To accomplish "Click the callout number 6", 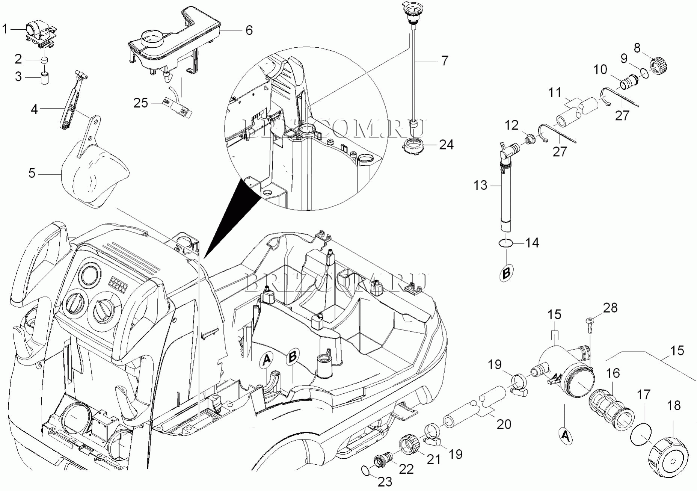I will (x=249, y=30).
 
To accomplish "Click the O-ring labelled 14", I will (x=506, y=244).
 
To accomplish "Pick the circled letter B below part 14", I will (x=506, y=273).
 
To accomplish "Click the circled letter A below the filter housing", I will (x=565, y=436).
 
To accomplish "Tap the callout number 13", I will (x=480, y=185).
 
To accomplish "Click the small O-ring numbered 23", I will (x=364, y=470).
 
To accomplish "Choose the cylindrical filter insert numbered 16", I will (x=611, y=411).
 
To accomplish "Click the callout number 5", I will (x=32, y=173).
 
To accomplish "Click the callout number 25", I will (x=141, y=103).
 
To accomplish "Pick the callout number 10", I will (x=600, y=69).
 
